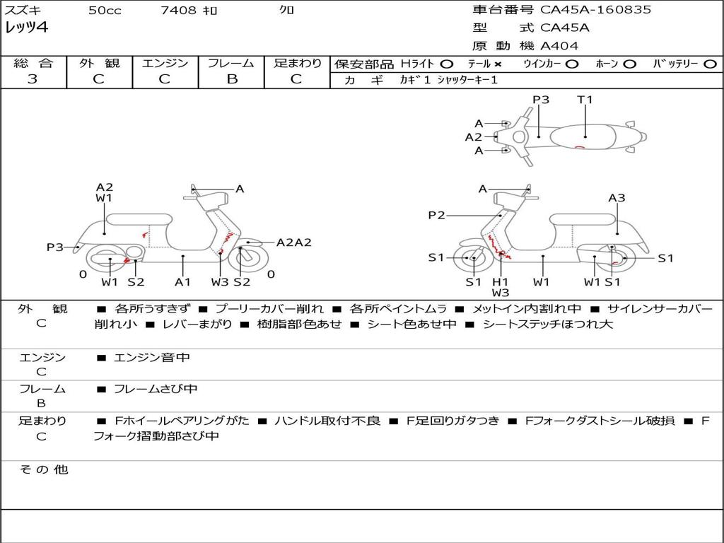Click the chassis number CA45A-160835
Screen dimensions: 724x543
coord(596,10)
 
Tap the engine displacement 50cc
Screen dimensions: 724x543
coord(105,11)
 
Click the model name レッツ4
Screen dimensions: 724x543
coord(26,28)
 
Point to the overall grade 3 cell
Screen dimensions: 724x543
coord(33,79)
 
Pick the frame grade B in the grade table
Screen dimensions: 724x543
coord(231,79)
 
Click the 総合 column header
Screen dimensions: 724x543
coord(33,63)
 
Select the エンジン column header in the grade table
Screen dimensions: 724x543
coord(165,63)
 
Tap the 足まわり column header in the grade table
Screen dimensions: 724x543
coord(297,63)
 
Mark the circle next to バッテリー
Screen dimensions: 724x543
coord(710,64)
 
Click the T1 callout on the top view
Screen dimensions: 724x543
coord(585,100)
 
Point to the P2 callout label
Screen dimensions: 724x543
coord(437,216)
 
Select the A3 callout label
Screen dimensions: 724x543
coord(617,198)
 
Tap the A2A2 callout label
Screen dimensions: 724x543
coord(293,243)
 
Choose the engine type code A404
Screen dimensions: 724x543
coord(559,46)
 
